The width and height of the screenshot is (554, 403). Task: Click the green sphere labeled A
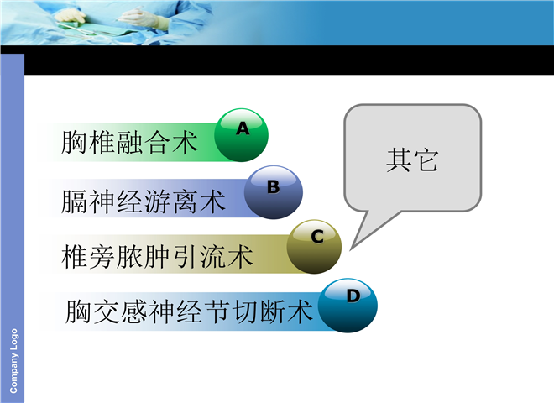pyautogui.click(x=241, y=135)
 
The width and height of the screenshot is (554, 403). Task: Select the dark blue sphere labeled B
pyautogui.click(x=274, y=192)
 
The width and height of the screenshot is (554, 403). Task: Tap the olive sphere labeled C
pyautogui.click(x=314, y=247)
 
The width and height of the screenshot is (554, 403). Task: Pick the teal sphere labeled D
pyautogui.click(x=348, y=306)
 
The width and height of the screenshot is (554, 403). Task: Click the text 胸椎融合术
pyautogui.click(x=129, y=143)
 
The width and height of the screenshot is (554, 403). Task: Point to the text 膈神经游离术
pyautogui.click(x=143, y=201)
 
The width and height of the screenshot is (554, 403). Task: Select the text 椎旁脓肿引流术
pyautogui.click(x=157, y=256)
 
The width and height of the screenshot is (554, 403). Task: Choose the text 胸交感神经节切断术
pyautogui.click(x=189, y=311)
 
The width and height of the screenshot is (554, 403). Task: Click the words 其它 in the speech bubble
pyautogui.click(x=412, y=160)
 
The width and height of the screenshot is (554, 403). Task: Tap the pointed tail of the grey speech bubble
pyautogui.click(x=351, y=250)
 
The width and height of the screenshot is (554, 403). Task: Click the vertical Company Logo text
pyautogui.click(x=13, y=360)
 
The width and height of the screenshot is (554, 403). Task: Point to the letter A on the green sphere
pyautogui.click(x=243, y=128)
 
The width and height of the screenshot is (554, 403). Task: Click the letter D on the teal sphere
pyautogui.click(x=353, y=296)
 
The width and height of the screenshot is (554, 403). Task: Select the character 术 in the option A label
pyautogui.click(x=185, y=143)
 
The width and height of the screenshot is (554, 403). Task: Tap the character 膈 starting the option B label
pyautogui.click(x=74, y=201)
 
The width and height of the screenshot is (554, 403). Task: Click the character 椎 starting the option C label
pyautogui.click(x=74, y=256)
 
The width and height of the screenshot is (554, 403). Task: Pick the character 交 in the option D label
pyautogui.click(x=106, y=311)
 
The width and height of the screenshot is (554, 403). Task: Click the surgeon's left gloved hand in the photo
pyautogui.click(x=70, y=16)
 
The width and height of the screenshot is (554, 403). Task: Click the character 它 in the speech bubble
pyautogui.click(x=426, y=160)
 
